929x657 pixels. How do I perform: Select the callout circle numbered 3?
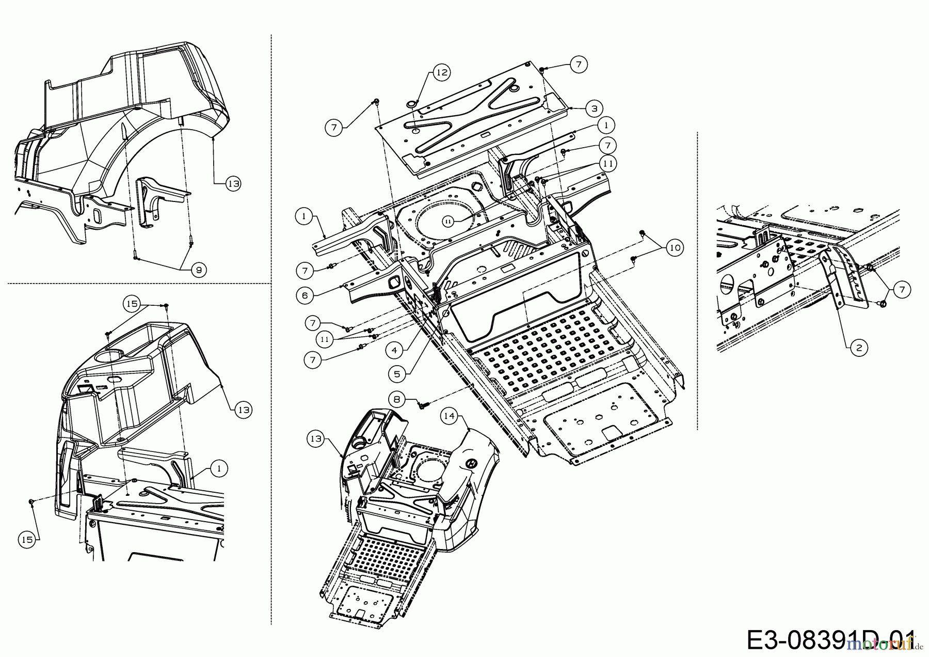click(x=594, y=108)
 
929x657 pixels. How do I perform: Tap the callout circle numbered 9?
click(x=197, y=269)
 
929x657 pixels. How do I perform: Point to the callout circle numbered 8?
click(x=397, y=399)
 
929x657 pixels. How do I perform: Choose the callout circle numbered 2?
click(x=859, y=348)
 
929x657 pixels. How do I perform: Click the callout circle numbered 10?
click(x=674, y=248)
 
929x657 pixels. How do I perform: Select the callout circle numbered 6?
click(x=305, y=295)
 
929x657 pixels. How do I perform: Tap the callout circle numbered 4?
click(x=394, y=350)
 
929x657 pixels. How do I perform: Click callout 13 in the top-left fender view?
click(x=233, y=183)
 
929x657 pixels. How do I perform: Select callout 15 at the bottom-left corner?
click(x=27, y=539)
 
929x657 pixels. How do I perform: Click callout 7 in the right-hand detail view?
click(x=902, y=289)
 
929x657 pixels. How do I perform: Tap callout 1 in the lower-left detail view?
click(x=219, y=468)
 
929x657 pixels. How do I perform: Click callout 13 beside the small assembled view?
click(x=316, y=439)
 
